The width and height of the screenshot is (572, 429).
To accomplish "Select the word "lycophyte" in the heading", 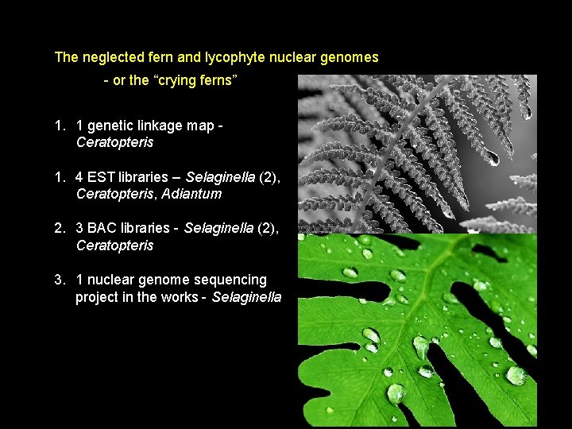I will (230, 58).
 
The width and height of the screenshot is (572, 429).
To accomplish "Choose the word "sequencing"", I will (232, 280).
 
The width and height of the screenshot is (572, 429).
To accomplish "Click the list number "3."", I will (60, 280).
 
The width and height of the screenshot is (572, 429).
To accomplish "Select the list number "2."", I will (60, 229).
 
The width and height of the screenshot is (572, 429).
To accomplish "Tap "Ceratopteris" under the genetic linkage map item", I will (114, 143).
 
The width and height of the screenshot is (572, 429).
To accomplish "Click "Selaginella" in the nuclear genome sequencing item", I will (246, 297).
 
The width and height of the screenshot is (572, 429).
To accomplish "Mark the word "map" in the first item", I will (199, 126).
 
